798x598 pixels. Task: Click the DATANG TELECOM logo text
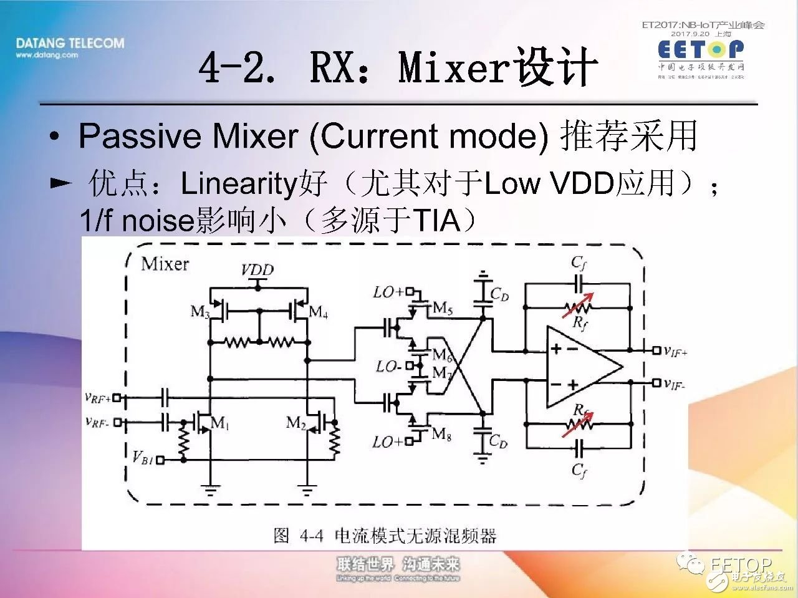tap(70, 44)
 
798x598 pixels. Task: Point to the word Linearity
tap(238, 184)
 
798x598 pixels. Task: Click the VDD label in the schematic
tap(257, 270)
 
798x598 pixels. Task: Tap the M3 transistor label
tap(199, 311)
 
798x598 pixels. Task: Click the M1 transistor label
tap(219, 423)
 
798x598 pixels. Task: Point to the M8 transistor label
tap(441, 434)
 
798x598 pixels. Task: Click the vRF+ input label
tap(97, 397)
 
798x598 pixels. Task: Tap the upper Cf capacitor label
tap(579, 263)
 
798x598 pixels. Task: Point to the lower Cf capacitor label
tap(579, 470)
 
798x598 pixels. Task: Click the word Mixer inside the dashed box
tap(165, 264)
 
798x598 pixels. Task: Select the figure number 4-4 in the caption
tap(311, 536)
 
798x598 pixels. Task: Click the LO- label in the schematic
tap(388, 367)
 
